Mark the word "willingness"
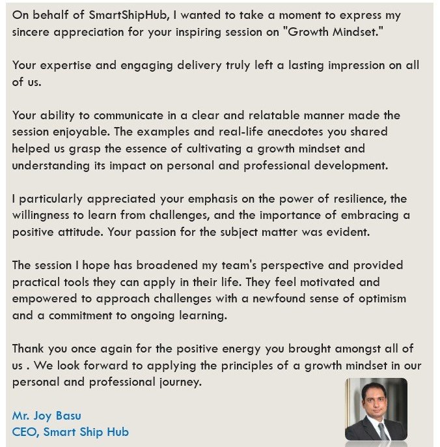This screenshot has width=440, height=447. [46, 216]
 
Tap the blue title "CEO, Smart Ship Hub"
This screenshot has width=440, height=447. [70, 431]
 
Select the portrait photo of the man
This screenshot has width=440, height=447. [376, 409]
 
